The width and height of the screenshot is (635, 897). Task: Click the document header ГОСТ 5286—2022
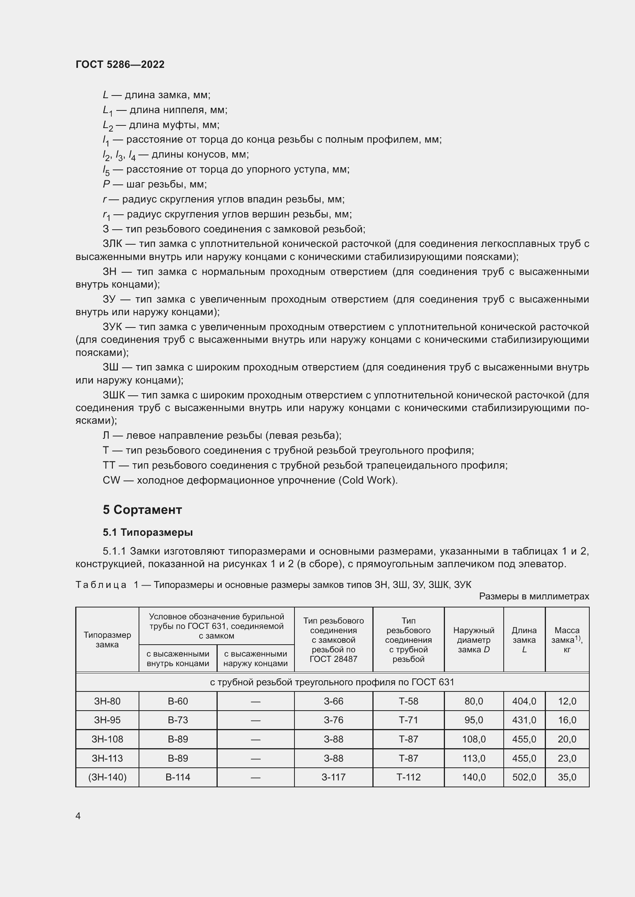click(120, 64)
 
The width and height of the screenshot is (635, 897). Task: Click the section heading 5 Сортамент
click(142, 509)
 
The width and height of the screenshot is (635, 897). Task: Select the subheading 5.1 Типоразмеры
click(148, 532)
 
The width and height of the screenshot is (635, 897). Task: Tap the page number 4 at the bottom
click(78, 816)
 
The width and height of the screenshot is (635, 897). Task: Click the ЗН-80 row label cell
click(107, 701)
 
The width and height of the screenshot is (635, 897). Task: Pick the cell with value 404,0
click(524, 701)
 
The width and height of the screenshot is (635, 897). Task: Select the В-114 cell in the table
click(177, 777)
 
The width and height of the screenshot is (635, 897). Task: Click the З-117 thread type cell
click(333, 777)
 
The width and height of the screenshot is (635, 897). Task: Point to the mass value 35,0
click(567, 777)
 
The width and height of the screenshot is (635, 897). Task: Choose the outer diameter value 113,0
click(473, 758)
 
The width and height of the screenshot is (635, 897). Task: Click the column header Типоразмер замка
click(107, 640)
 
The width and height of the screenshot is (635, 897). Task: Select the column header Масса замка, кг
click(567, 640)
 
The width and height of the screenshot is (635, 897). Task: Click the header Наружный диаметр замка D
click(473, 640)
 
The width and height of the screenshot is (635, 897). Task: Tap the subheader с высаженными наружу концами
click(255, 658)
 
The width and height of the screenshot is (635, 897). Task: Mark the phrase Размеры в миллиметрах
click(534, 596)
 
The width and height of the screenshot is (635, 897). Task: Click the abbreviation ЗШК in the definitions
click(114, 395)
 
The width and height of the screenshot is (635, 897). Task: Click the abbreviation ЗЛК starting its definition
click(112, 244)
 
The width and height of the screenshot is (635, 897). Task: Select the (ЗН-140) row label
click(107, 777)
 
